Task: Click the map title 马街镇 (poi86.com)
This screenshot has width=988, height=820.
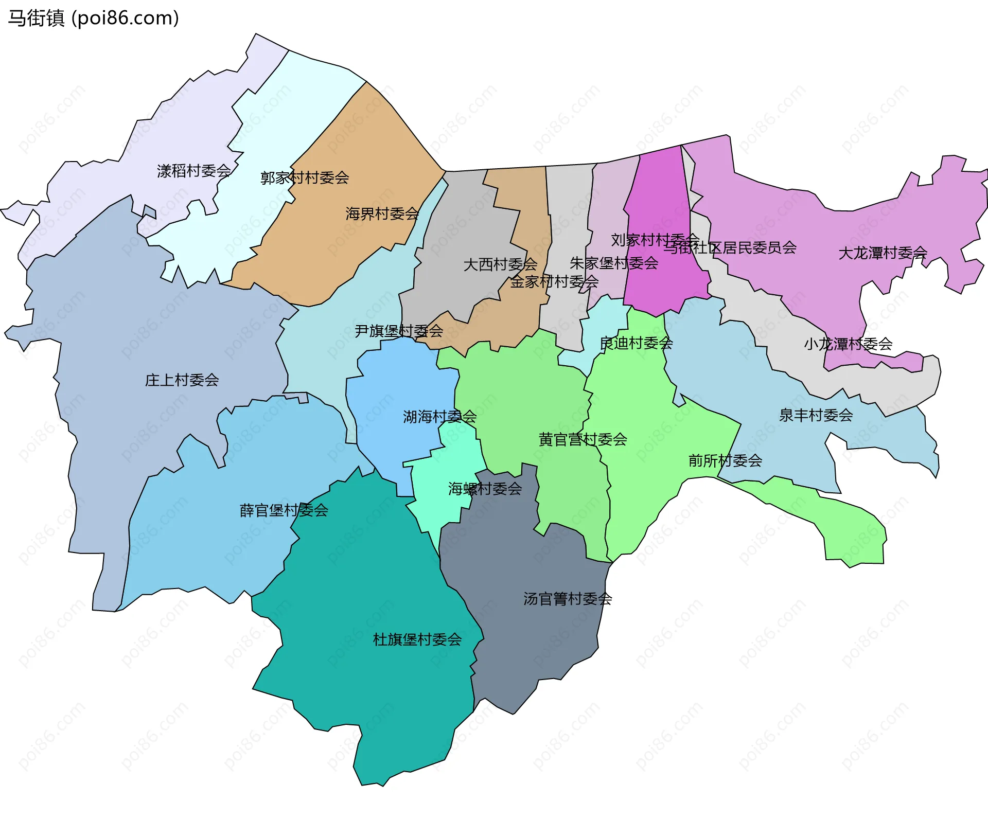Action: (93, 19)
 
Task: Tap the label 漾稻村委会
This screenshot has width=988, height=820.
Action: (193, 171)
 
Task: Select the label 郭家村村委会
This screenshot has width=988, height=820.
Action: (305, 178)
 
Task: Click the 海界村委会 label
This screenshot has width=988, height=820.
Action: (382, 213)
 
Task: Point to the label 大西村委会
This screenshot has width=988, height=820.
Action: (500, 264)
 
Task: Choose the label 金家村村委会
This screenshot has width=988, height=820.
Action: (554, 281)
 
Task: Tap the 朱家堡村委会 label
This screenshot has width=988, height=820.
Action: (613, 263)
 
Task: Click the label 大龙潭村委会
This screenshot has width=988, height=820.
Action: (883, 253)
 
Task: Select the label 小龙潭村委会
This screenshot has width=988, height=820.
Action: (848, 344)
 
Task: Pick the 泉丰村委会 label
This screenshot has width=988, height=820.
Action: (816, 415)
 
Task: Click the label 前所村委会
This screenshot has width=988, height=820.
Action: (725, 460)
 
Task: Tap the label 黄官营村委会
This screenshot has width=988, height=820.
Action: (583, 439)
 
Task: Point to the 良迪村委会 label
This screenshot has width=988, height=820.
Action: (636, 343)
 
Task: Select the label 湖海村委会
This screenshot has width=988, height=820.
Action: (439, 417)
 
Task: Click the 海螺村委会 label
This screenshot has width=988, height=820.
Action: (485, 489)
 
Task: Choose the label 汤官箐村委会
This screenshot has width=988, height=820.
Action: (568, 599)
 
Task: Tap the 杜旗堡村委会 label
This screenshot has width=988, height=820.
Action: (417, 639)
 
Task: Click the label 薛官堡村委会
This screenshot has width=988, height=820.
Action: (284, 510)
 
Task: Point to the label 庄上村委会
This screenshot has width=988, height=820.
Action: (182, 380)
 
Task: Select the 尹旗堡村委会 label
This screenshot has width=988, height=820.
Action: (399, 331)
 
